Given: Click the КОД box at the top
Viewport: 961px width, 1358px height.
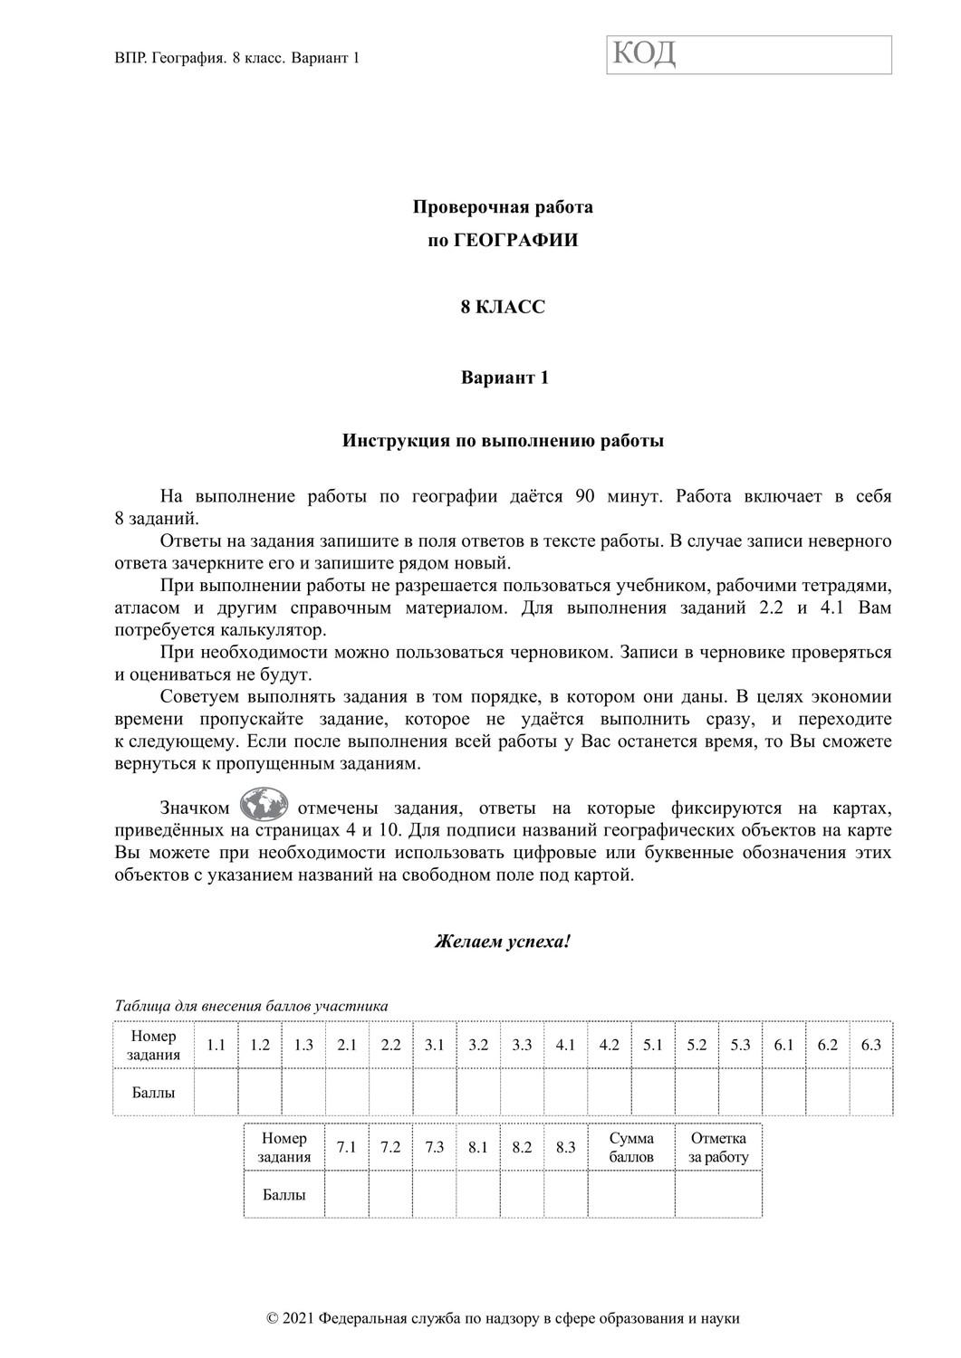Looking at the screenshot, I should [x=748, y=54].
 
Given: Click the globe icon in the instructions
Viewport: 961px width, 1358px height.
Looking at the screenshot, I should [x=264, y=805].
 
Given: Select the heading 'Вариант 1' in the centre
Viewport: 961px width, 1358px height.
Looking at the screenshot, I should [x=505, y=378].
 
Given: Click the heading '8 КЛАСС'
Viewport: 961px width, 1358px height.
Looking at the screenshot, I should [x=504, y=308].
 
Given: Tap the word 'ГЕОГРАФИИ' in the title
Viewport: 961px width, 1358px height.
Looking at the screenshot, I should [x=520, y=241].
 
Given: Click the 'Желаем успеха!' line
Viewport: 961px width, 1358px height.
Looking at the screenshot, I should [x=503, y=942].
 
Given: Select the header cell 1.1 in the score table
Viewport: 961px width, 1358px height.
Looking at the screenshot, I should [x=216, y=1045].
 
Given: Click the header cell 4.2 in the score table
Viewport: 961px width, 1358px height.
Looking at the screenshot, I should [x=610, y=1045].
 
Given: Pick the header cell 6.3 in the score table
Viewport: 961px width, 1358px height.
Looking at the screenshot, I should [x=871, y=1045].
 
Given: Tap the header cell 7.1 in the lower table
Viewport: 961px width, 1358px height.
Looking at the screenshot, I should [x=346, y=1147].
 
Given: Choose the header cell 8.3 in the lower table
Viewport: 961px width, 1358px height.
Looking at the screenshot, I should [x=566, y=1147].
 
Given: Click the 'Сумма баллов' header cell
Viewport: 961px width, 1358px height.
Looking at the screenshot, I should [x=631, y=1147].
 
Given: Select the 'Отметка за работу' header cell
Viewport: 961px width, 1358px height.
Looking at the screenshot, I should [x=718, y=1147].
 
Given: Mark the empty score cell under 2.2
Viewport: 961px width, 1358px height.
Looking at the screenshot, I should [x=390, y=1092].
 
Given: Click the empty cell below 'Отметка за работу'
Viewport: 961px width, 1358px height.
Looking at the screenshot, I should [x=718, y=1194].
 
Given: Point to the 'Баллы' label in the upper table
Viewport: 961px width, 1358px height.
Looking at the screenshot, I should [x=153, y=1092].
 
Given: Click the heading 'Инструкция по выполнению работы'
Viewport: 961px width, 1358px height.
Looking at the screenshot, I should [x=503, y=442].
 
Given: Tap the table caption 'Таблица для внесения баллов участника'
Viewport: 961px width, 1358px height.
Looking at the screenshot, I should [x=252, y=1006].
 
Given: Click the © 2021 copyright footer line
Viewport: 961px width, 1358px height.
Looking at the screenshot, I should [x=504, y=1318].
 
